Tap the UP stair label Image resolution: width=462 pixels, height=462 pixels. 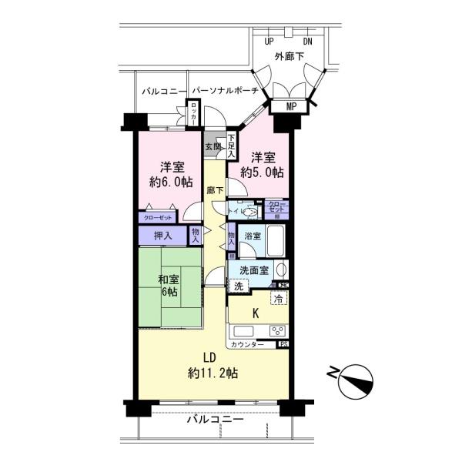(x=269, y=42)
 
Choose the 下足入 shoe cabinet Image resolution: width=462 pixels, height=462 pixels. (x=231, y=146)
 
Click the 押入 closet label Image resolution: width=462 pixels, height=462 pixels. (x=162, y=234)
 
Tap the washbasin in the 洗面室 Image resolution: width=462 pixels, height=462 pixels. (x=281, y=269)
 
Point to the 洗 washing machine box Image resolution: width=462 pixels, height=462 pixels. (x=239, y=286)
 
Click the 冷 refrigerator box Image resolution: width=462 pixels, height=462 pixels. (x=276, y=298)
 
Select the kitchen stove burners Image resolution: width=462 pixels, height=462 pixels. (x=277, y=330)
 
